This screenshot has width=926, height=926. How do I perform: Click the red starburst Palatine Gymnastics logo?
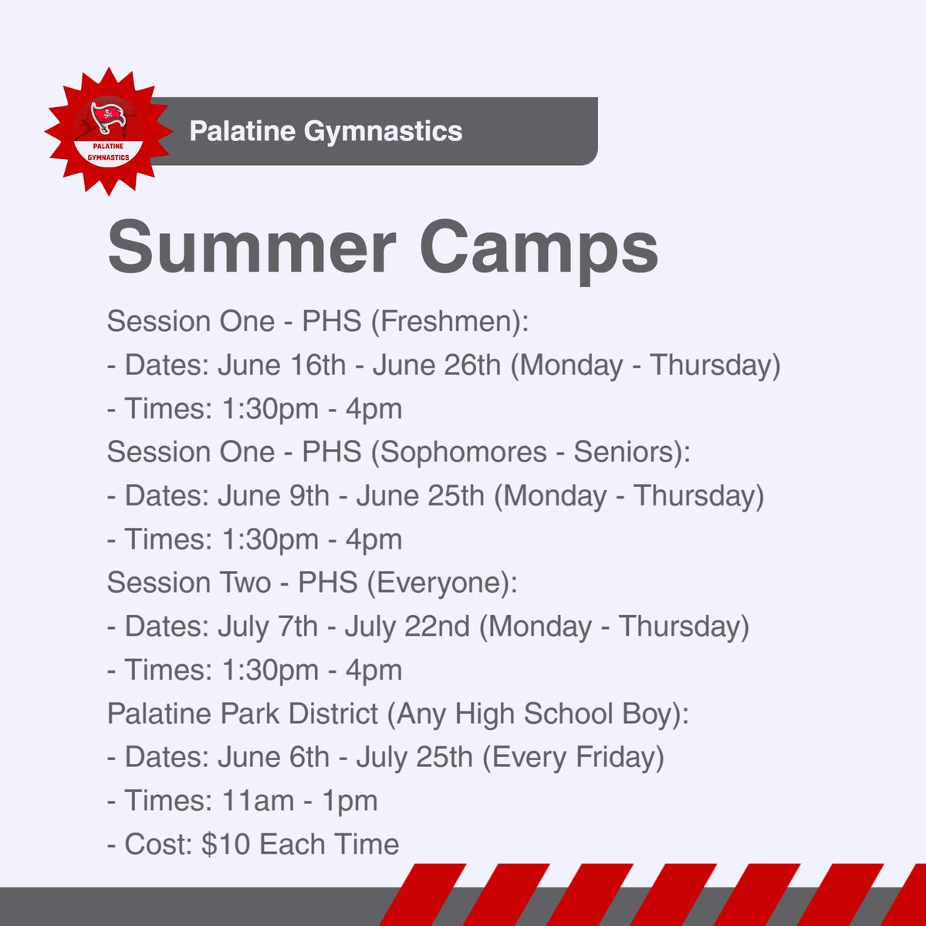107,131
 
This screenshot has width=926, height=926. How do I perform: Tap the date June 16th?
282,365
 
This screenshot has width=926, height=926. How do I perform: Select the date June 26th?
437,365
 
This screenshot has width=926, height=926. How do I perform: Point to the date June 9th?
273,495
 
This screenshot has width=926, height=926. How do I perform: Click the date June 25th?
420,495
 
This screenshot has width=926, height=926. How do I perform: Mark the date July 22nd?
407,627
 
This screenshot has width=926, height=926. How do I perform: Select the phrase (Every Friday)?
573,757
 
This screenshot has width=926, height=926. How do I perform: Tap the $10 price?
226,844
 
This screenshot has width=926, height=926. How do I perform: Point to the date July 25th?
414,757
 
